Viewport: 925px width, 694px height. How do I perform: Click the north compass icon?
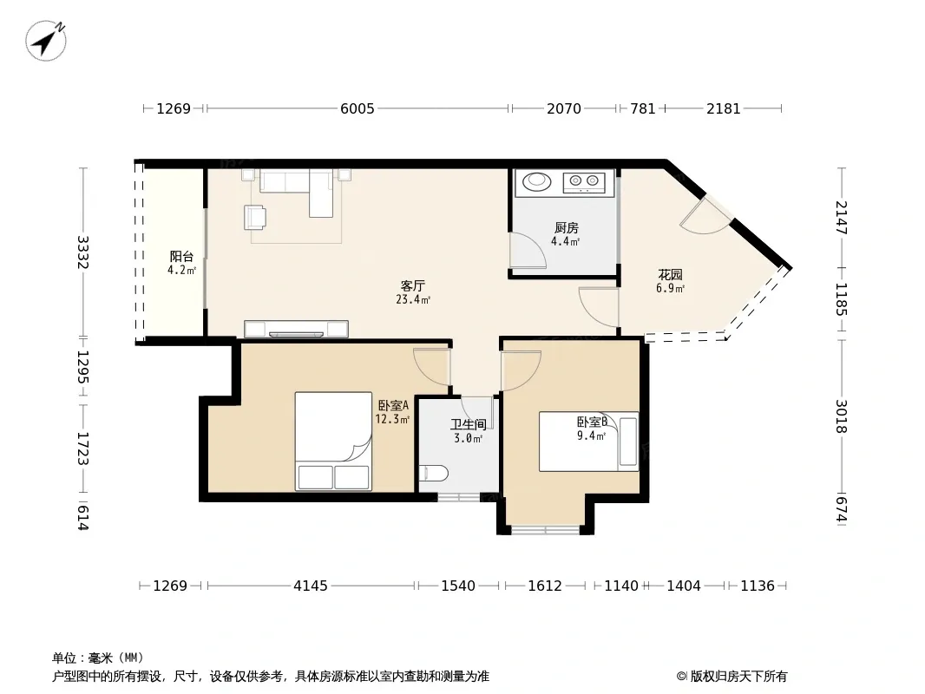point(45,40)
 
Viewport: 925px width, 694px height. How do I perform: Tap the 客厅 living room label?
point(412,286)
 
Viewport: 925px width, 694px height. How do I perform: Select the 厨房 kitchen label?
point(566,227)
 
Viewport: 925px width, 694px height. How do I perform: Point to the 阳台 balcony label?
point(181,257)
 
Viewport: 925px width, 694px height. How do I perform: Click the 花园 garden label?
point(670,275)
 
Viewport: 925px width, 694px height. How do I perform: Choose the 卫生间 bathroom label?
point(469,424)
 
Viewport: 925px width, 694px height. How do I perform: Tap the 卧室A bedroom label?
point(393,406)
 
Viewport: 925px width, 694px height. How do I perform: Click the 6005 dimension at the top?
point(358,108)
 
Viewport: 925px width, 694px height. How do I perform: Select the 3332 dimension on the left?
point(83,252)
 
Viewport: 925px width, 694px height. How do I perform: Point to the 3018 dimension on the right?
point(841,416)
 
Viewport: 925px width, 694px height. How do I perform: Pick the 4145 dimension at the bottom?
point(311,586)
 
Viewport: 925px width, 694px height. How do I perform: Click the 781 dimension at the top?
point(642,108)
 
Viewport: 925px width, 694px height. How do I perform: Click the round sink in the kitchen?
point(537,181)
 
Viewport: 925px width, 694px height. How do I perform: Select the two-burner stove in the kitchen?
point(584,182)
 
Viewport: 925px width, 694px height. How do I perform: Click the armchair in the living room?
point(255,217)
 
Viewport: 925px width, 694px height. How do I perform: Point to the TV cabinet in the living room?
point(296,329)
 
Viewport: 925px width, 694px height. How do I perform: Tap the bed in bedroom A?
point(333,441)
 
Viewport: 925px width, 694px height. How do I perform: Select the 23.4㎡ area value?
point(413,299)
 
